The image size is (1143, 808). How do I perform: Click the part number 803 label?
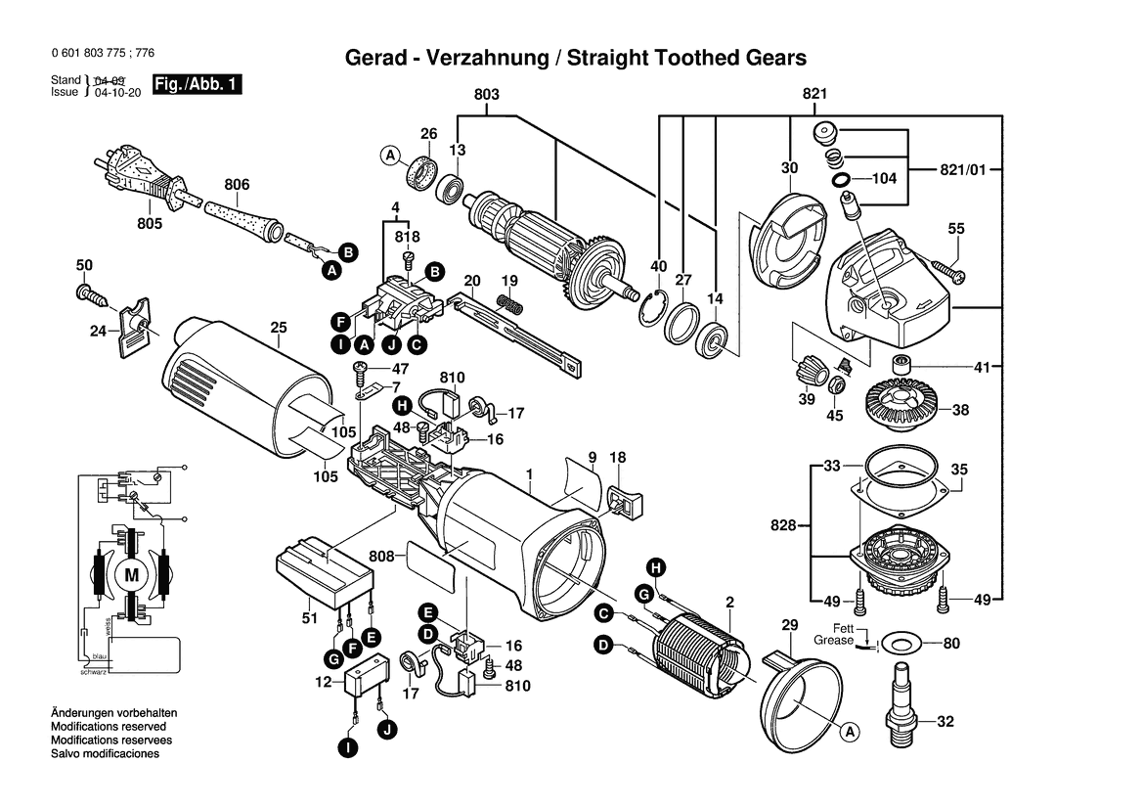pos(486,94)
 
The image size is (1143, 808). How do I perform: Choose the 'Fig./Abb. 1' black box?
pos(197,85)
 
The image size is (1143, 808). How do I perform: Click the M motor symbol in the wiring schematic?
pos(131,576)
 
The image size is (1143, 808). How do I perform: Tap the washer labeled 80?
pos(897,644)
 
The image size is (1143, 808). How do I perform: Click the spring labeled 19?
pos(506,303)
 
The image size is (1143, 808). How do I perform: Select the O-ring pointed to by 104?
pos(838,180)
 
